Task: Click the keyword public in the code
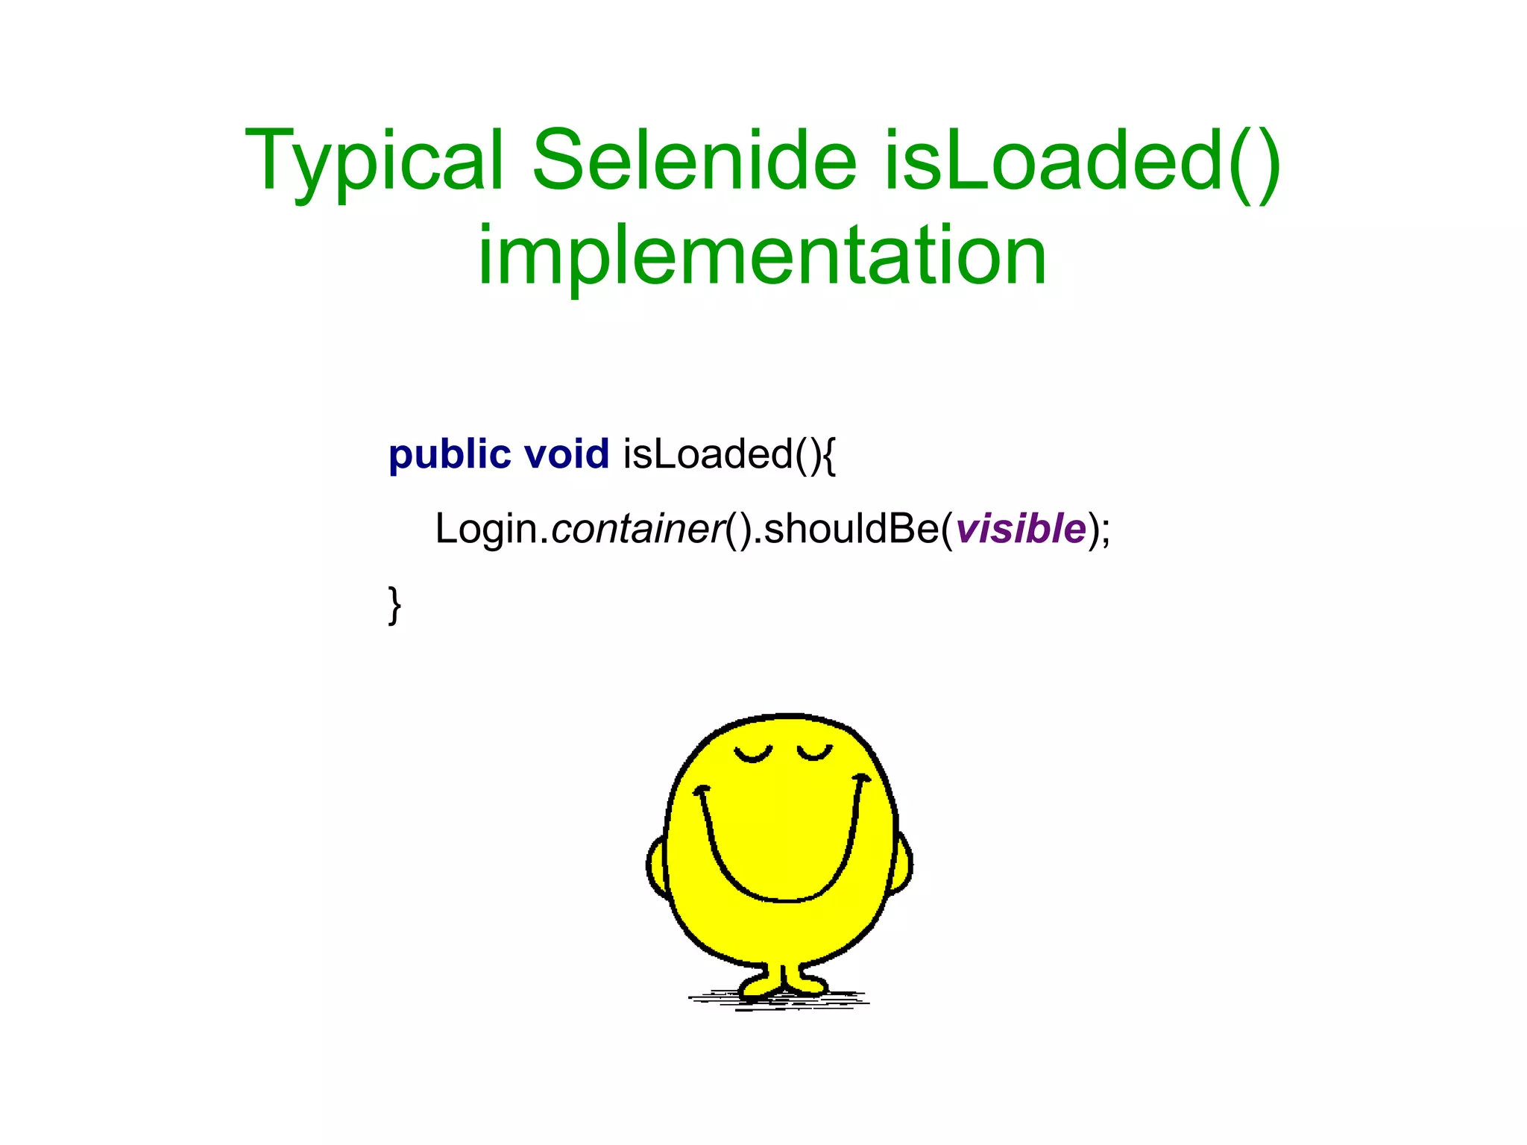[x=450, y=454]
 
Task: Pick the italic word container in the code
[x=637, y=529]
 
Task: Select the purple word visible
[x=1021, y=529]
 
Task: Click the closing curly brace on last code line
[x=394, y=605]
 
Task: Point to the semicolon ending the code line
[x=1105, y=531]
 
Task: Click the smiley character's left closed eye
[x=752, y=755]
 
